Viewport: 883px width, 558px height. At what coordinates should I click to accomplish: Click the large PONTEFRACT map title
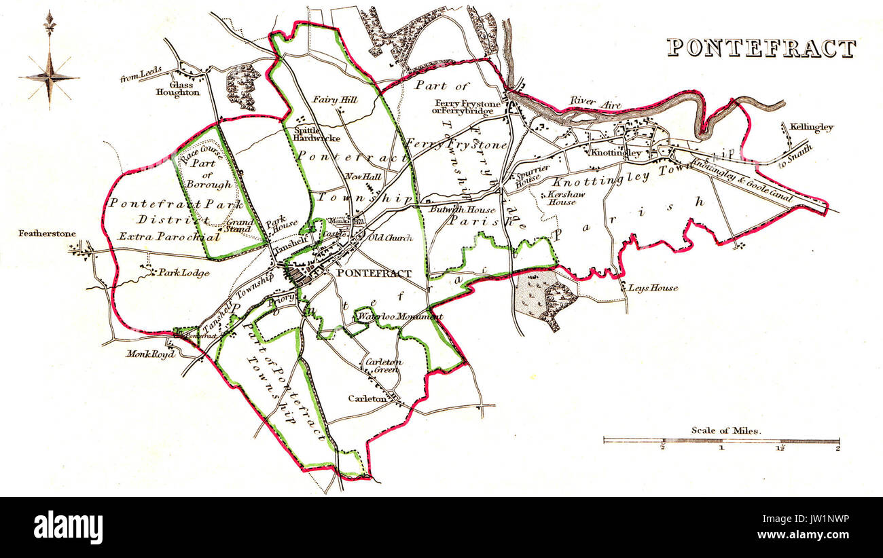click(x=761, y=48)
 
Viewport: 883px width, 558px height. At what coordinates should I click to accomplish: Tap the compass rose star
click(x=49, y=77)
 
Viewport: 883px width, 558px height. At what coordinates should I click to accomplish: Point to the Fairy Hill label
click(x=334, y=100)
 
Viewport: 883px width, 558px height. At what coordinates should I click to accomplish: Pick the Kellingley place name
click(x=810, y=127)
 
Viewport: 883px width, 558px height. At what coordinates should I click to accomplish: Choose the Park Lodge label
click(x=183, y=273)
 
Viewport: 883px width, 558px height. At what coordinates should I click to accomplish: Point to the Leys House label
click(x=653, y=288)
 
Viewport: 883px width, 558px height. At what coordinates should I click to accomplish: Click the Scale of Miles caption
click(x=726, y=430)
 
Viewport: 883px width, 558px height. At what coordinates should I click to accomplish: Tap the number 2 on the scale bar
click(x=837, y=447)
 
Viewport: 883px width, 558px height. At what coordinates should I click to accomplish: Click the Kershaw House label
click(x=562, y=198)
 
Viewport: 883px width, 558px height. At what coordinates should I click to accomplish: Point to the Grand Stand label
click(x=239, y=225)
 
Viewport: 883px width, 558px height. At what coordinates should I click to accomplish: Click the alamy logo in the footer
click(x=69, y=527)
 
